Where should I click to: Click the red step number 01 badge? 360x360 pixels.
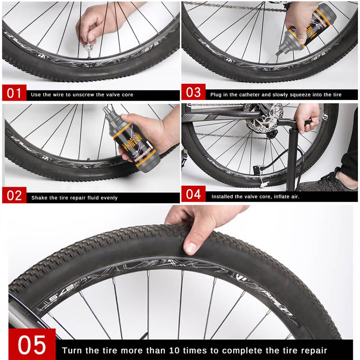click(14, 94)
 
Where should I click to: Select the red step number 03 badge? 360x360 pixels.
click(193, 92)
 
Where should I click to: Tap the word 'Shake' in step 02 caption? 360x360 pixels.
click(38, 198)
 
